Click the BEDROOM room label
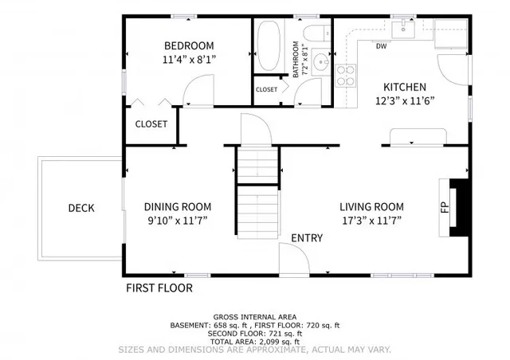[190, 45]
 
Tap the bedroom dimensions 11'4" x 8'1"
[190, 58]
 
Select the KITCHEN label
[405, 88]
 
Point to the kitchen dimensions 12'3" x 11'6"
[405, 101]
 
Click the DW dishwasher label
[381, 46]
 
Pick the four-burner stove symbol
[346, 76]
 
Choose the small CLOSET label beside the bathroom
[266, 89]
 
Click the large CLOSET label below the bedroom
[151, 123]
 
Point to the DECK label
[80, 209]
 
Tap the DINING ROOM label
[178, 206]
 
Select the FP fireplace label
[445, 208]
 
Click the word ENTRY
[306, 238]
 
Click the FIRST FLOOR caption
[159, 288]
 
